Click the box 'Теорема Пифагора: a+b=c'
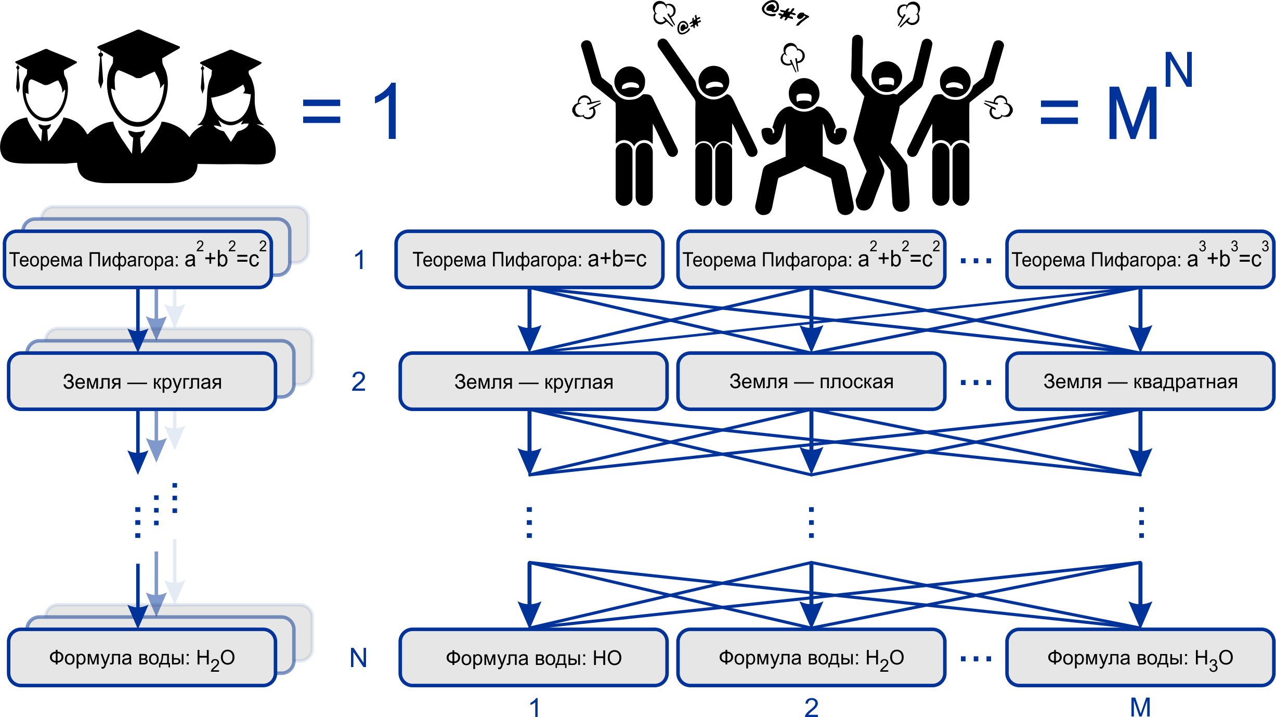(x=529, y=259)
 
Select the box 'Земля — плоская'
(x=811, y=381)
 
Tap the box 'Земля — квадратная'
(x=1140, y=381)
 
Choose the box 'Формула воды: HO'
(x=533, y=658)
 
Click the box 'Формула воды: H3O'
(x=1140, y=658)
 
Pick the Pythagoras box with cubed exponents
(x=1140, y=259)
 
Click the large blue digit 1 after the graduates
(x=387, y=111)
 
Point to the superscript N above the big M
(x=1178, y=70)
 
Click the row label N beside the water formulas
(x=358, y=658)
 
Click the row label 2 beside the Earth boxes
(x=358, y=381)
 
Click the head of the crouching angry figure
(x=804, y=94)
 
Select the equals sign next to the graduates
(x=321, y=112)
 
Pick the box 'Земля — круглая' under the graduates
(x=142, y=381)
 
